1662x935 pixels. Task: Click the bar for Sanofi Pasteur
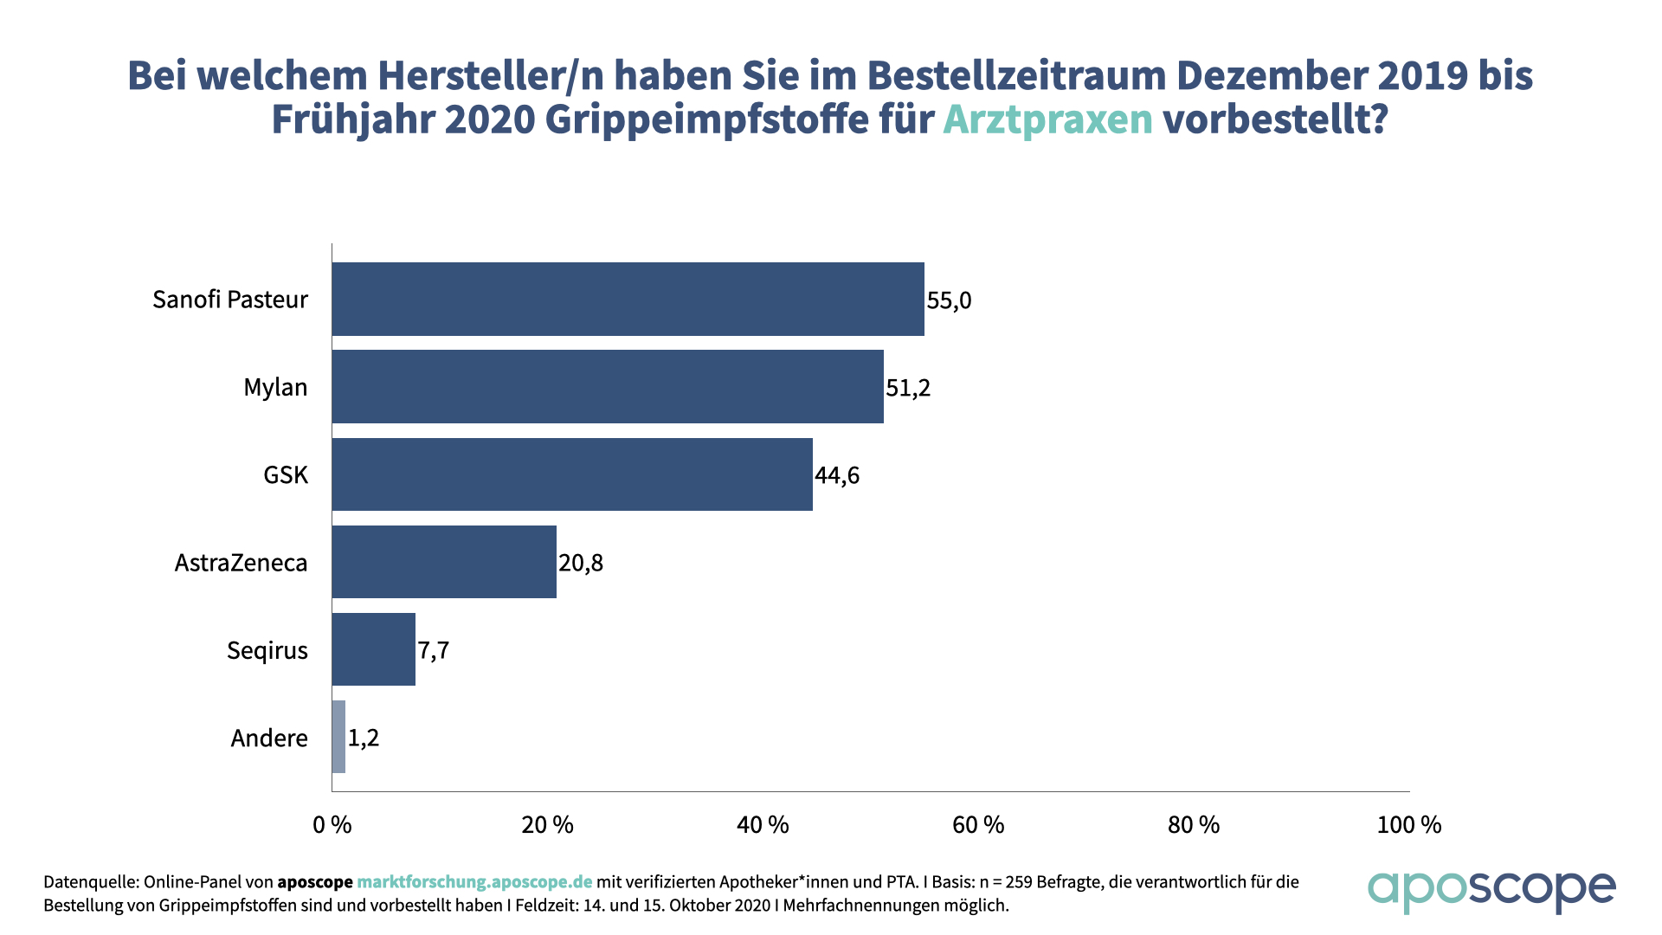click(x=628, y=299)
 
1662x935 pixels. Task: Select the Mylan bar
click(x=608, y=386)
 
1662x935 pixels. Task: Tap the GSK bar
click(x=571, y=474)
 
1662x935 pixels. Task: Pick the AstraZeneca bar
click(x=444, y=562)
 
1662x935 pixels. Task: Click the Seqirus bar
click(x=373, y=649)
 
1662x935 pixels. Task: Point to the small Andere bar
click(x=338, y=737)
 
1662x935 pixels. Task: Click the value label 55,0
click(x=949, y=300)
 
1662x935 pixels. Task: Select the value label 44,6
click(x=836, y=475)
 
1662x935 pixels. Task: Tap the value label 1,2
click(x=364, y=738)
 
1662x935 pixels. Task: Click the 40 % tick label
click(x=763, y=825)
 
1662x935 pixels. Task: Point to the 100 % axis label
click(x=1408, y=825)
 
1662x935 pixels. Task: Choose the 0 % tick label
click(x=332, y=825)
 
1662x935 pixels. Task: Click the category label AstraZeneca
click(x=241, y=563)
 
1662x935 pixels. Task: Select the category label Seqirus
click(x=267, y=650)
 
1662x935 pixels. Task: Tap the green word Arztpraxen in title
click(x=1047, y=119)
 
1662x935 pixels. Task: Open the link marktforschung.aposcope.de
click(x=474, y=882)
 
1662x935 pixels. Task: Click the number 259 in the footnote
click(x=1018, y=882)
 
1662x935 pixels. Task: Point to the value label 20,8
click(x=580, y=563)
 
